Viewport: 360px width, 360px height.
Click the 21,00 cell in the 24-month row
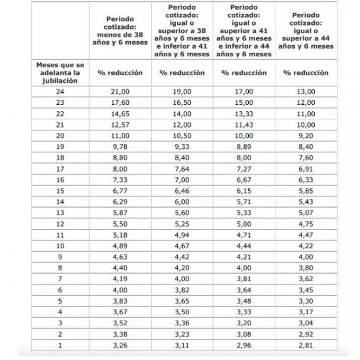click(x=120, y=92)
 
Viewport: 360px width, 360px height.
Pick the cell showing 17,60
click(x=120, y=103)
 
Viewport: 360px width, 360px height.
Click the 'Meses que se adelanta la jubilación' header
click(x=60, y=73)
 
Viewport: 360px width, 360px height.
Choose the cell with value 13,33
click(x=244, y=114)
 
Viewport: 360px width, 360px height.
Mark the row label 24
click(x=60, y=92)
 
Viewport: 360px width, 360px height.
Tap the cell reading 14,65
click(x=120, y=114)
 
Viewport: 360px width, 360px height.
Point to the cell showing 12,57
click(x=120, y=125)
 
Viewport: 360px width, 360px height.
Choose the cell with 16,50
click(x=181, y=103)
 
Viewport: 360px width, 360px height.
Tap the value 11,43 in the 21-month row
click(x=244, y=125)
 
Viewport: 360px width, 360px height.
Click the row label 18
click(x=60, y=158)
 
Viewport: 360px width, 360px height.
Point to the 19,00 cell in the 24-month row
click(x=181, y=92)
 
